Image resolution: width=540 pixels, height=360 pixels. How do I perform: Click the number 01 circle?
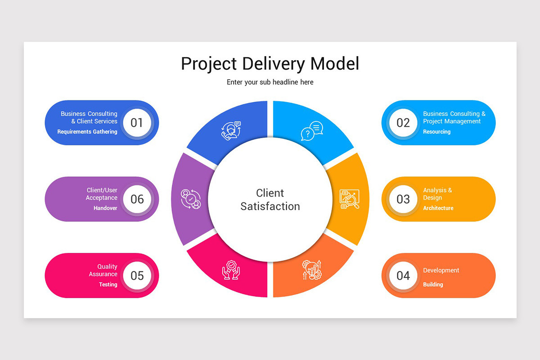(137, 122)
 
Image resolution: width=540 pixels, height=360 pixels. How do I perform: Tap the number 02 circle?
(403, 122)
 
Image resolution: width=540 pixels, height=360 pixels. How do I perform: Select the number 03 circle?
(403, 199)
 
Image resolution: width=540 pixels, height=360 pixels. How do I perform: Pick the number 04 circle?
(403, 275)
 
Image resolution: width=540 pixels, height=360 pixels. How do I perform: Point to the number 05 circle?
(137, 275)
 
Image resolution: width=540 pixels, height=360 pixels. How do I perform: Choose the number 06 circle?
(137, 199)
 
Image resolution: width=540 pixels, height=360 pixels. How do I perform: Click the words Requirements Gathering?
(87, 132)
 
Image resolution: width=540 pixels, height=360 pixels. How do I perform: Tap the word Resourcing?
(436, 132)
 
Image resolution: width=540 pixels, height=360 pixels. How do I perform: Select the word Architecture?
(438, 208)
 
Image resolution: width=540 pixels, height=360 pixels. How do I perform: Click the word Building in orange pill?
(433, 285)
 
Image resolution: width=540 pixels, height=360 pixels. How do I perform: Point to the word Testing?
(108, 285)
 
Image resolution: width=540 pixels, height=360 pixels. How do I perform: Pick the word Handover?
(105, 208)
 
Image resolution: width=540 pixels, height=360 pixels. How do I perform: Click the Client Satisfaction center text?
(270, 200)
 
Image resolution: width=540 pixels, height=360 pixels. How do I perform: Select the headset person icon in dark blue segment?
(231, 131)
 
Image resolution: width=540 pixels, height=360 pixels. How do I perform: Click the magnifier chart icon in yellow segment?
(350, 199)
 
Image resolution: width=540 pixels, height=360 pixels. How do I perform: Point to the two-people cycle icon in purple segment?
(190, 199)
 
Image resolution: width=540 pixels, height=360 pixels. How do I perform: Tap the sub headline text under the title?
(270, 82)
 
